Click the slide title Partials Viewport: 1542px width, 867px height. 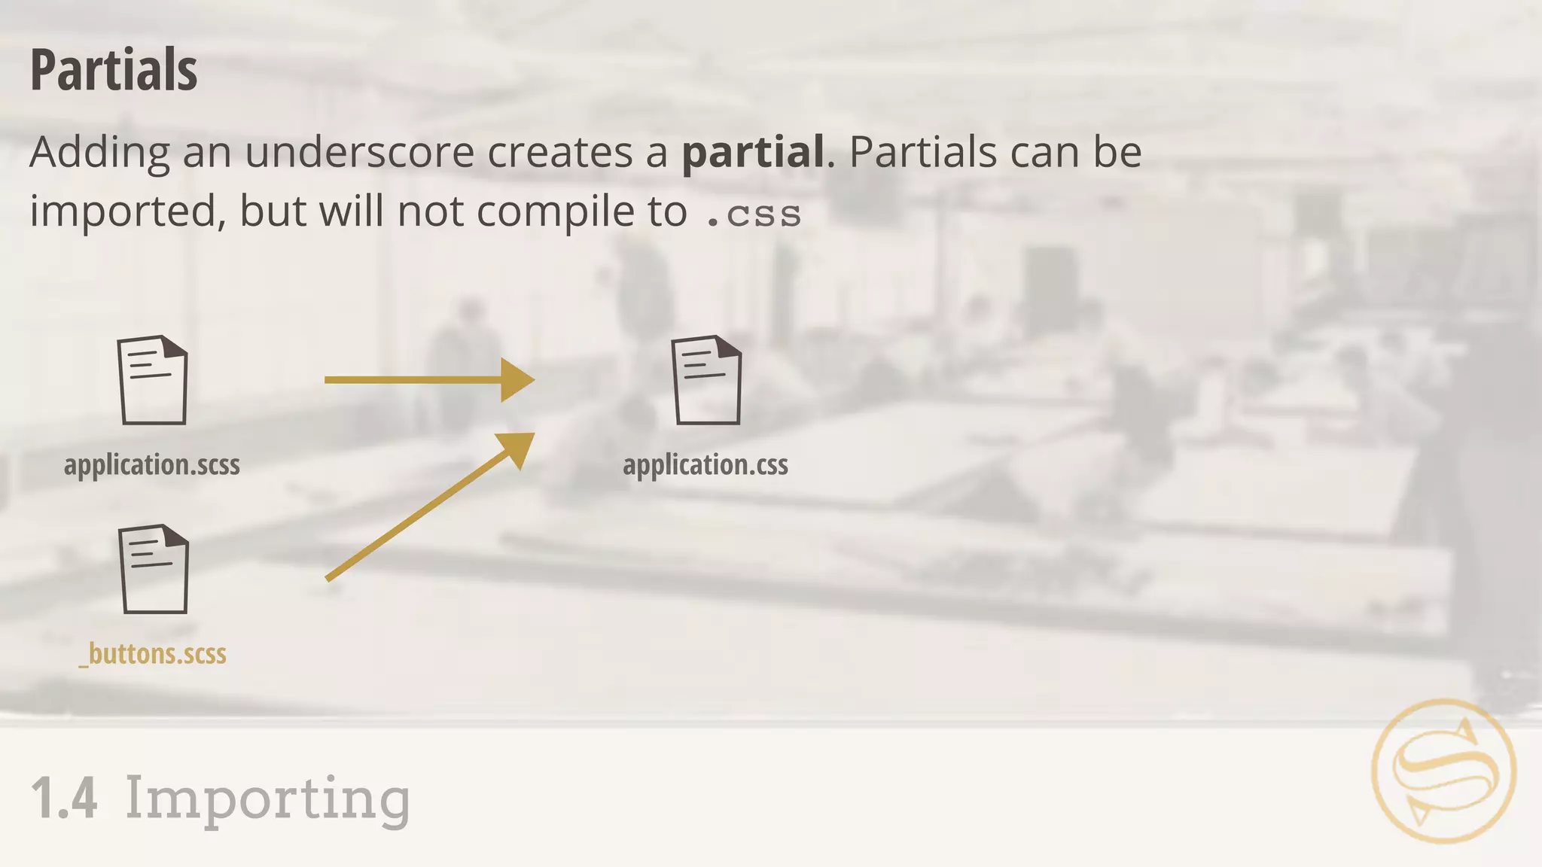click(x=114, y=70)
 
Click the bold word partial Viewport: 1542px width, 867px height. click(x=753, y=152)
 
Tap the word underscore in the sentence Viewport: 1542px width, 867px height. click(x=359, y=152)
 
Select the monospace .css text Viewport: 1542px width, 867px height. click(x=753, y=214)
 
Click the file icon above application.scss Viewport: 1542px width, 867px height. click(x=152, y=380)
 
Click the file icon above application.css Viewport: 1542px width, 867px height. click(x=706, y=380)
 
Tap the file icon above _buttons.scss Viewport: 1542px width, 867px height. click(x=153, y=569)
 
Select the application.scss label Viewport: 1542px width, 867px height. click(x=152, y=464)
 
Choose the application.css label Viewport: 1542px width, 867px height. click(x=705, y=464)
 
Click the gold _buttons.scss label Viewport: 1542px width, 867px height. click(x=153, y=653)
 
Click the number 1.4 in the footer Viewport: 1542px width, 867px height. click(x=64, y=799)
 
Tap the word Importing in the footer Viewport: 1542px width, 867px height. click(x=267, y=799)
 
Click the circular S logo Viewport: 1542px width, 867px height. click(x=1444, y=771)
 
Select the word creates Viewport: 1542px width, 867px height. click(x=559, y=152)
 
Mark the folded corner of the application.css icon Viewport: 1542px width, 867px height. click(x=728, y=347)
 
